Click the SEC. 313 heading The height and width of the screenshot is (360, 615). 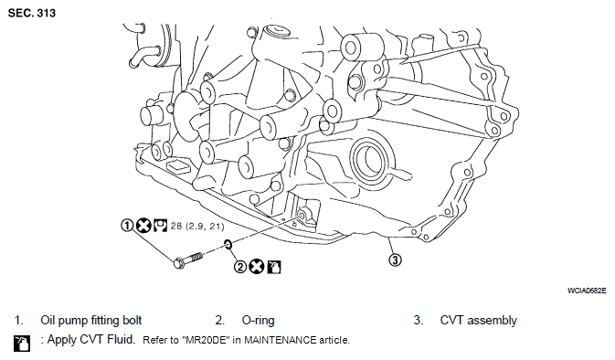pyautogui.click(x=32, y=13)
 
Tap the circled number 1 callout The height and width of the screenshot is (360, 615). pyautogui.click(x=127, y=226)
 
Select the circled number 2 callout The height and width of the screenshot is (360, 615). pyautogui.click(x=240, y=267)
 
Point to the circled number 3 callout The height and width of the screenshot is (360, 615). pyautogui.click(x=395, y=259)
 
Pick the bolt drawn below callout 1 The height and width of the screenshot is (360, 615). pyautogui.click(x=188, y=259)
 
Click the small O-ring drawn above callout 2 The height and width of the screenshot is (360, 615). pyautogui.click(x=228, y=245)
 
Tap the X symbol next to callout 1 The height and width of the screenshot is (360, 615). pyautogui.click(x=143, y=226)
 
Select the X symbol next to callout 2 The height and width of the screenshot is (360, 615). pyautogui.click(x=257, y=267)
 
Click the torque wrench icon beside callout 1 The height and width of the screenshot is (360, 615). pyautogui.click(x=160, y=226)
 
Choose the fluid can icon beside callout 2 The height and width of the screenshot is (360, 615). pyautogui.click(x=274, y=267)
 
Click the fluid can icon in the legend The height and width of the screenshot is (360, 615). pyautogui.click(x=22, y=344)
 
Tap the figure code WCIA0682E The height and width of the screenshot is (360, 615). pyautogui.click(x=587, y=291)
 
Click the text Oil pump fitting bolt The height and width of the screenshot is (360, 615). pyautogui.click(x=91, y=321)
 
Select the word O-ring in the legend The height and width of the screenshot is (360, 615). pyautogui.click(x=258, y=321)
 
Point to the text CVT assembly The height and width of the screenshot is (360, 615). pyautogui.click(x=479, y=321)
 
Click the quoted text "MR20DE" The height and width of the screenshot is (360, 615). pyautogui.click(x=205, y=340)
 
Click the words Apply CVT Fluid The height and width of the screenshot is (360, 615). pyautogui.click(x=91, y=339)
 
